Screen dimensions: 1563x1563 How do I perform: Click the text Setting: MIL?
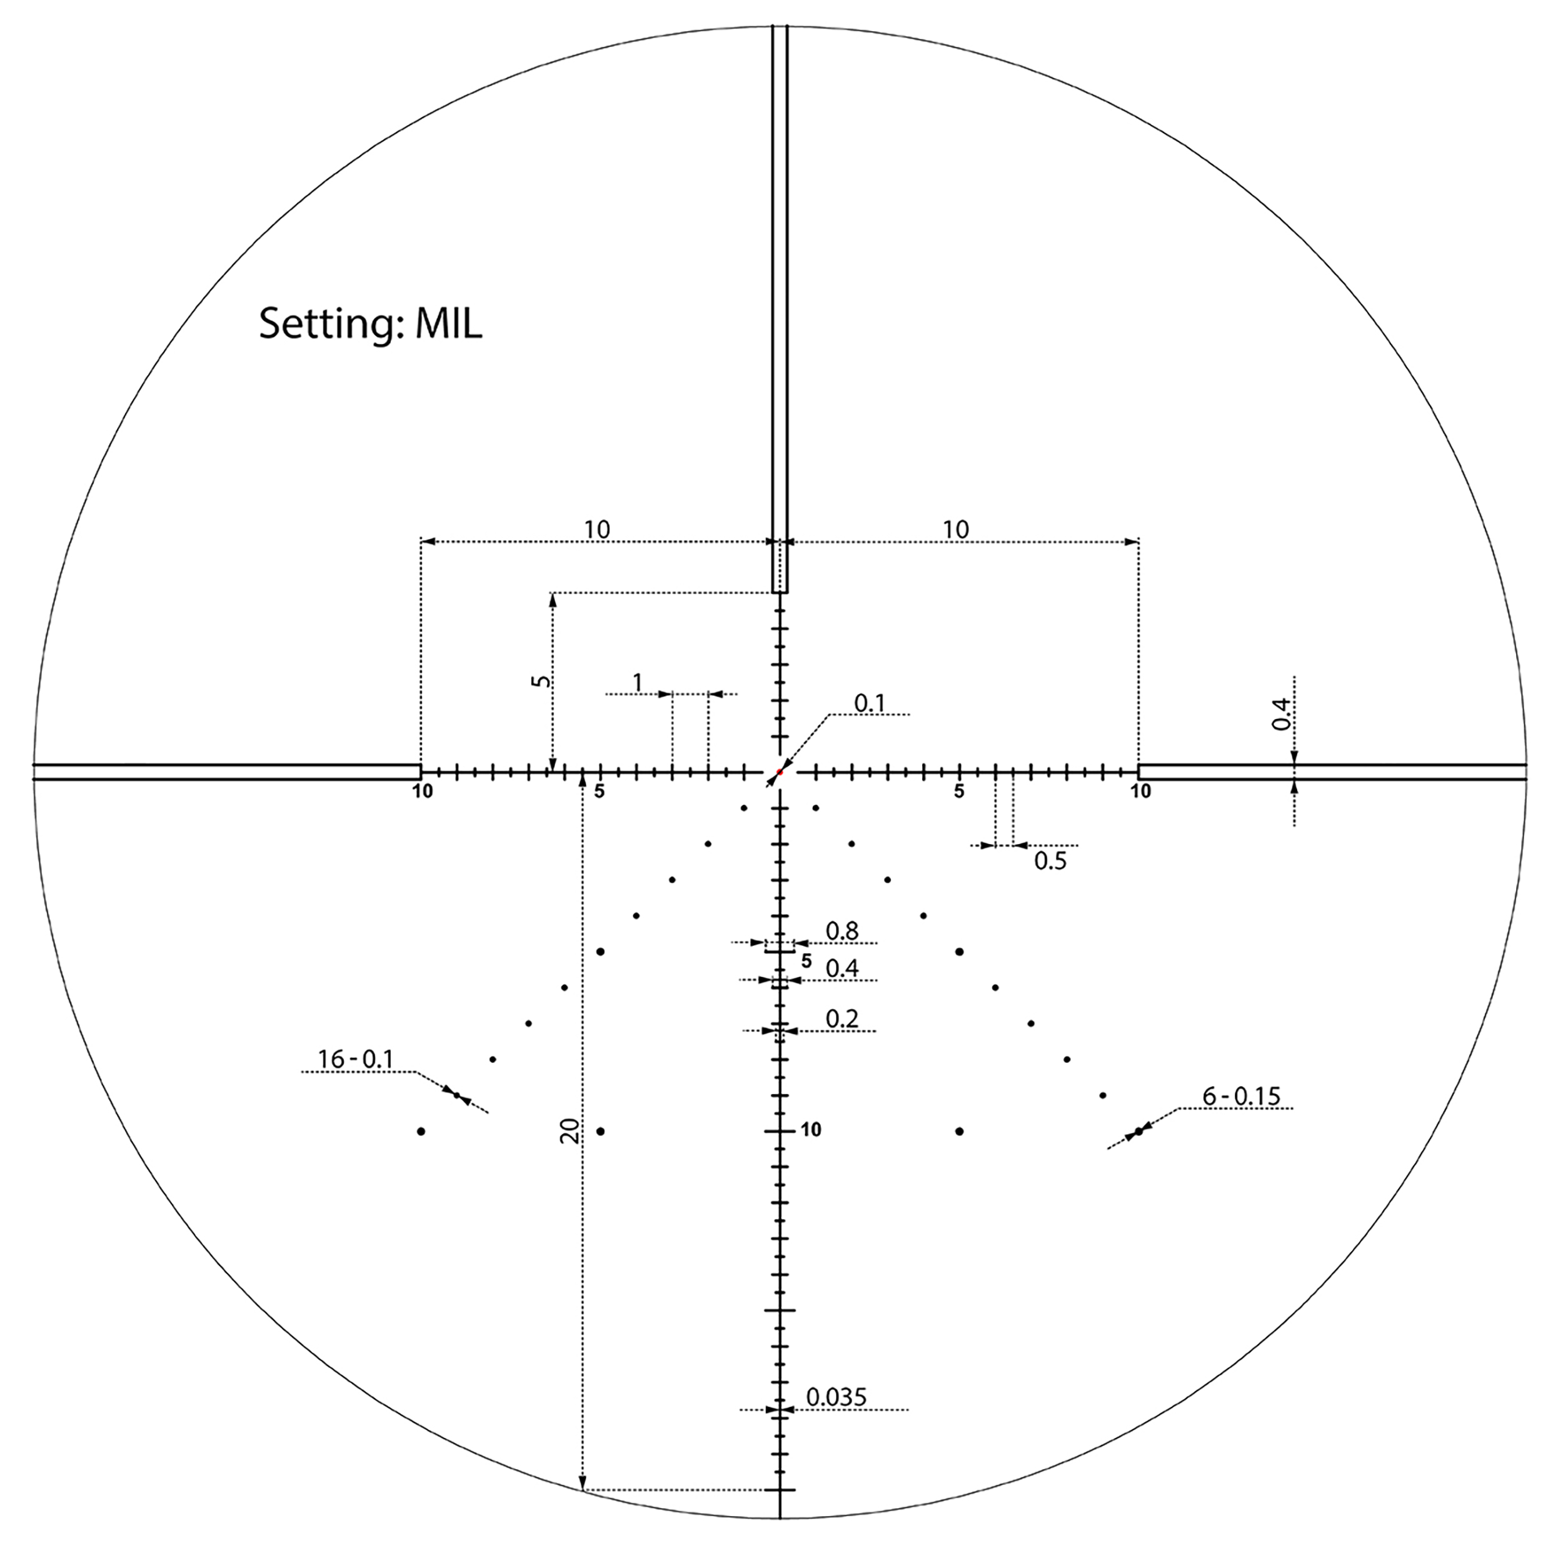click(x=371, y=324)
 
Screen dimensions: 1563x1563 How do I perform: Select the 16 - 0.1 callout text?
click(x=355, y=1059)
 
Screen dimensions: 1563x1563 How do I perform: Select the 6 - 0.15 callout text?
click(x=1241, y=1096)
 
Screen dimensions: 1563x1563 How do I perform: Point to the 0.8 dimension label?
click(x=842, y=931)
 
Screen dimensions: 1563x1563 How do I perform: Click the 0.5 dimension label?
click(x=1050, y=861)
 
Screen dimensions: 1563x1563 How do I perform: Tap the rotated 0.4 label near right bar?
click(x=1280, y=713)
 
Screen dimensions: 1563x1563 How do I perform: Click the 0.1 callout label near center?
click(x=870, y=704)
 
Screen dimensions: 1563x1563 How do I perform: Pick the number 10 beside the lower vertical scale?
click(x=811, y=1130)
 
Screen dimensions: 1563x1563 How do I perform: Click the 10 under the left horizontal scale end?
click(x=422, y=792)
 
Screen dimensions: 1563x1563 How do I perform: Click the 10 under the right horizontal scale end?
click(x=1141, y=792)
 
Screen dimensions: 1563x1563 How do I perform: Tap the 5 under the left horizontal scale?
click(x=600, y=792)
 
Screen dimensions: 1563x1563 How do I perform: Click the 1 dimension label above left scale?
click(x=638, y=683)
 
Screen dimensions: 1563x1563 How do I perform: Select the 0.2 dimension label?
click(x=842, y=1018)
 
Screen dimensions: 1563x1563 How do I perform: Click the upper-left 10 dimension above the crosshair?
click(x=597, y=530)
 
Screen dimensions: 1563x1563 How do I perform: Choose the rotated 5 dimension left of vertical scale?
click(x=540, y=681)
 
